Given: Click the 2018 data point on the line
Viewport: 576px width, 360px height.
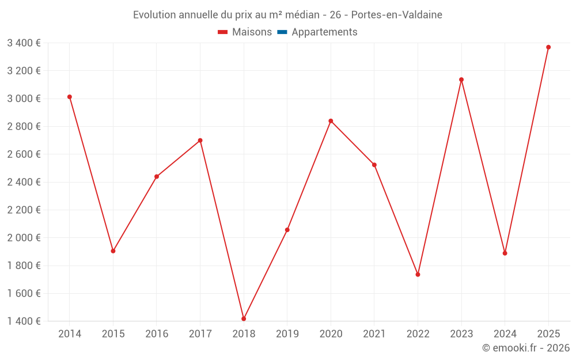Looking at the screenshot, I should point(244,319).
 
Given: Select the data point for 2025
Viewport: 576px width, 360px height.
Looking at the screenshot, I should point(548,47).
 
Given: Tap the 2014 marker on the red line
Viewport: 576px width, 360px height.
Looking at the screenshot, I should point(70,97).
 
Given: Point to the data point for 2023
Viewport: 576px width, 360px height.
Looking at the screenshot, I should point(461,79).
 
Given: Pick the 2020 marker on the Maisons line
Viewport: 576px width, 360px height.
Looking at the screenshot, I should point(331,121).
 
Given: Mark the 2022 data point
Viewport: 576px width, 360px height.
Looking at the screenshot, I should point(418,274).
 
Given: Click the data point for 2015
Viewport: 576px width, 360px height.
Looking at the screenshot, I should point(113,251).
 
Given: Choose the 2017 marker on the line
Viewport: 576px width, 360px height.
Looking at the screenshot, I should point(200,141).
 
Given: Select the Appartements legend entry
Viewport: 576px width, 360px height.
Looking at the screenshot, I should point(324,32).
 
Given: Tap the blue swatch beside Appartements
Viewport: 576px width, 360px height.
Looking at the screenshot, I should point(282,32).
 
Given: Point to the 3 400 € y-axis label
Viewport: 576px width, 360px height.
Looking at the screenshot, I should point(24,43).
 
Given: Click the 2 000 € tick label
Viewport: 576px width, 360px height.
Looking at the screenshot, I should point(24,238).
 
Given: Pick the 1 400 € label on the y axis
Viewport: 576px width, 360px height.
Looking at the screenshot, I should point(24,321).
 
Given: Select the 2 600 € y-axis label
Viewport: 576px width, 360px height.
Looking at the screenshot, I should point(24,154).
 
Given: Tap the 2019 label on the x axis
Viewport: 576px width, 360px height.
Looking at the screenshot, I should point(287,334).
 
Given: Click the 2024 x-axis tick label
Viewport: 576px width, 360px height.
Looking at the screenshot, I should point(505,334).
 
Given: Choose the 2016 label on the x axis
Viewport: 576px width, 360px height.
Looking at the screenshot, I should point(157,334).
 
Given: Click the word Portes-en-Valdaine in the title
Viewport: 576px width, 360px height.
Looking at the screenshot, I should point(396,15).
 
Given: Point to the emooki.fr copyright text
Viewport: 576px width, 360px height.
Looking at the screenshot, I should point(526,348).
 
